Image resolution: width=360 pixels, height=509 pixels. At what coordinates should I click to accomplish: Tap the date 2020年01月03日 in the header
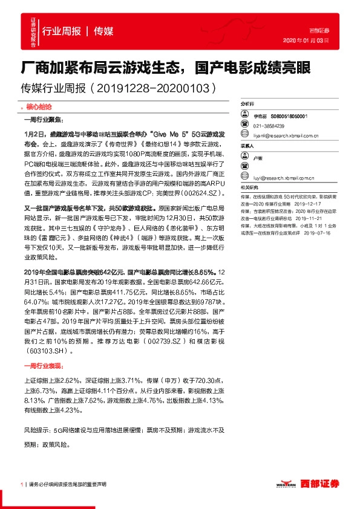(x=306, y=41)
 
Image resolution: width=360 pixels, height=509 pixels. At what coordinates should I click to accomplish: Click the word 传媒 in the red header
(x=103, y=31)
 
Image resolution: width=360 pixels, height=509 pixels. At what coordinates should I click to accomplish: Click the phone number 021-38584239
(x=269, y=125)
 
